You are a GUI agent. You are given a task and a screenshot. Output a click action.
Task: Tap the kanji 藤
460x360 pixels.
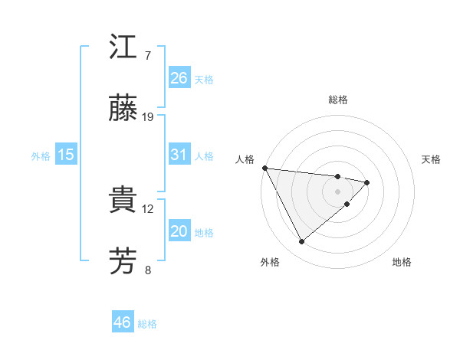123,109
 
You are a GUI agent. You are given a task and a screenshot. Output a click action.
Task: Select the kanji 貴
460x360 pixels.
123,201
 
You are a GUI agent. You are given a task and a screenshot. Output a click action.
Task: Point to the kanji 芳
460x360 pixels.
123,261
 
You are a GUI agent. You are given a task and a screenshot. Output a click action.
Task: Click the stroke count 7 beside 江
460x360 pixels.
148,56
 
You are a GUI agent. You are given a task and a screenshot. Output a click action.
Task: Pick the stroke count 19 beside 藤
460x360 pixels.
148,117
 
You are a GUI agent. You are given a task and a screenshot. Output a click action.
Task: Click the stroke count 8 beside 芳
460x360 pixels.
148,270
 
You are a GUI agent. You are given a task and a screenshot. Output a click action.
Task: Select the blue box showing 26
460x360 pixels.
179,78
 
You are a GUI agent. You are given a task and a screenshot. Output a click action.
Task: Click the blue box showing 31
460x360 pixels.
179,155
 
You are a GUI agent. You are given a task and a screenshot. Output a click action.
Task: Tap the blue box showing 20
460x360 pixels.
179,231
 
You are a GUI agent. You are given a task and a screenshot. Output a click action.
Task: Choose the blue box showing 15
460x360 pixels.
66,155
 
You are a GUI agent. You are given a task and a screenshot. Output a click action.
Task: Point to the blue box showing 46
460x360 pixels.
123,322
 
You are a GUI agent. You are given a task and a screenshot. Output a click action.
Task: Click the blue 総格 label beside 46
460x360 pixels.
147,324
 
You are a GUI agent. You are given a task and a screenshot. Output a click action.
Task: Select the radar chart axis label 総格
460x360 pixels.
338,100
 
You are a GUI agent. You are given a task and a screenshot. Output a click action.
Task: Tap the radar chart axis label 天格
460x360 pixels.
432,159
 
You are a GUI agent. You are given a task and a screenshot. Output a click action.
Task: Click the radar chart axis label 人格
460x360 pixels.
245,159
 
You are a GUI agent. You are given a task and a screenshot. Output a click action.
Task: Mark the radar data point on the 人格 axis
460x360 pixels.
264,168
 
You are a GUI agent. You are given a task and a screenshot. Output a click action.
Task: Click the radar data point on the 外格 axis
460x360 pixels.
301,242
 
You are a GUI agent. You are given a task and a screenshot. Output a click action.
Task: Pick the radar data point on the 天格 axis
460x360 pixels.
368,182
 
